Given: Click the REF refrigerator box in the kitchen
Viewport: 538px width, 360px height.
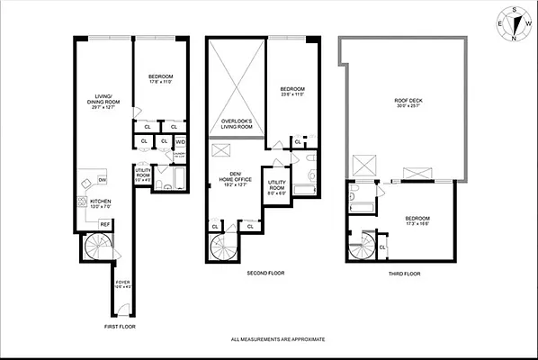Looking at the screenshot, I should (104, 223).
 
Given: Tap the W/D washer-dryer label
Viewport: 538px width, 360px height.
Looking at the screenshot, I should (180, 141).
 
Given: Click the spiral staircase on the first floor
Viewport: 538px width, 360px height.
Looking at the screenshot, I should (96, 246).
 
